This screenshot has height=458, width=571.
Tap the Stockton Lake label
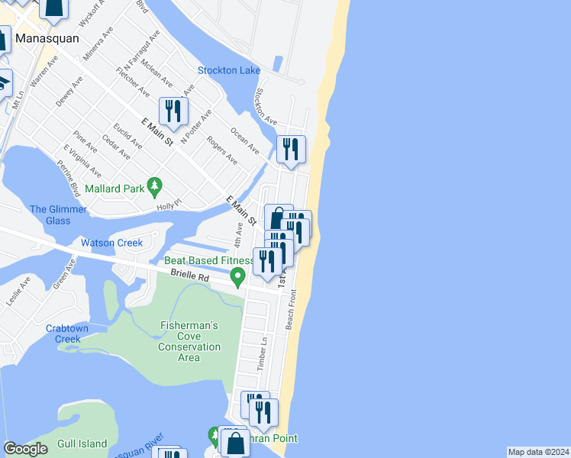pos(229,70)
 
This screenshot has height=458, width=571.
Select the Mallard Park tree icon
pos(155,185)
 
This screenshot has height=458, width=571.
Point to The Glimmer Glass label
pos(50,215)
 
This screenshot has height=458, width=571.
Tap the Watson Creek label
pos(112,243)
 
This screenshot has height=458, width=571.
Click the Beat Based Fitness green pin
pos(238,276)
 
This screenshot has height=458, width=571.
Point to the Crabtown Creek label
pos(73,333)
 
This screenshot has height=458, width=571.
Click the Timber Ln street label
pos(264,352)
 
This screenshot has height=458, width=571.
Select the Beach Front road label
pos(292,314)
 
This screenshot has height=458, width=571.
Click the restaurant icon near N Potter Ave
pos(173,111)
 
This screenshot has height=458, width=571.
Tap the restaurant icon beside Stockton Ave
pos(291,148)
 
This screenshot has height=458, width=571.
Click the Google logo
pos(25,449)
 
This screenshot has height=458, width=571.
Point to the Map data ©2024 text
pos(537,452)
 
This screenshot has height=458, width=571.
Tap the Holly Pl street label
pos(167,205)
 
